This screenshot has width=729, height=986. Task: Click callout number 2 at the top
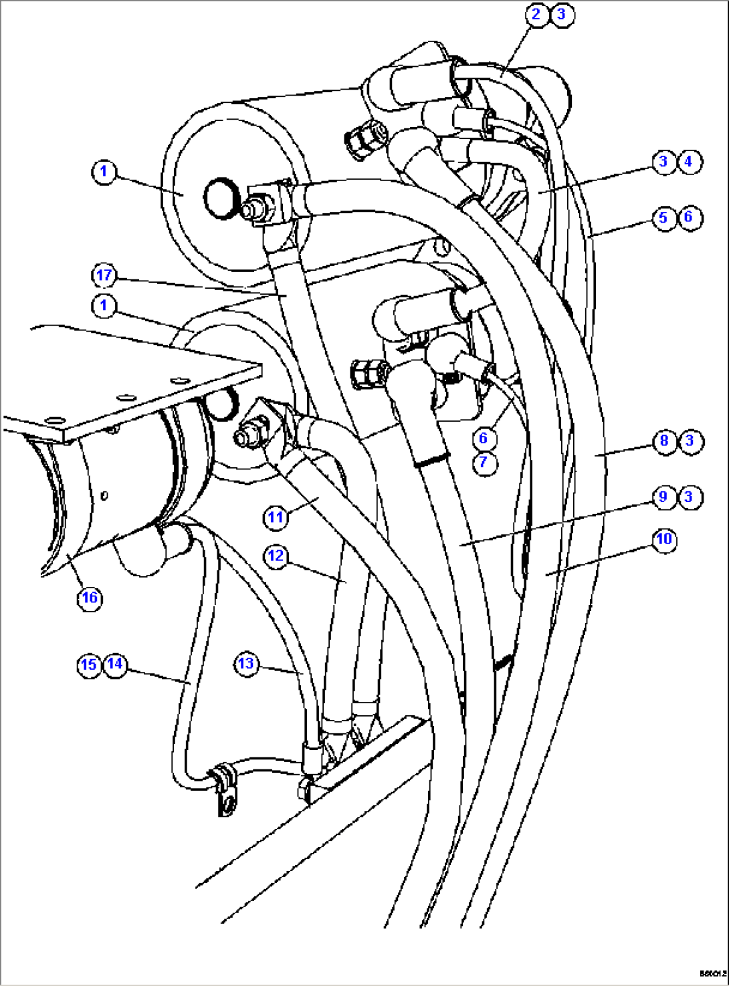[x=536, y=14]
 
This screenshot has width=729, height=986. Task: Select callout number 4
[x=689, y=162]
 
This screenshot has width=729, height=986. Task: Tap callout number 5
[x=664, y=218]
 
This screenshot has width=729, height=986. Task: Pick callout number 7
[x=484, y=462]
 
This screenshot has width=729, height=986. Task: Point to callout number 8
[x=664, y=441]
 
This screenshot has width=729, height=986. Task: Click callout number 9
[x=663, y=497]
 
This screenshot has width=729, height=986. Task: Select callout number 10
[x=664, y=539]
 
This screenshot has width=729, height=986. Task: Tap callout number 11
[x=276, y=517]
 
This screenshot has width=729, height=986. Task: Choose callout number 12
[x=276, y=556]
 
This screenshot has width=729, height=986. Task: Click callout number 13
[x=246, y=664]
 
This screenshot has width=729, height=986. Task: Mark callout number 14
[x=115, y=664]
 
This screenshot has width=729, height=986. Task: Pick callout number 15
[x=89, y=665]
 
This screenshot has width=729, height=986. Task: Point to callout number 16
[x=90, y=598]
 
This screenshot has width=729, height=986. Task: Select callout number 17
[x=104, y=275]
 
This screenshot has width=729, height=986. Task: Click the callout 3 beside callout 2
[x=562, y=14]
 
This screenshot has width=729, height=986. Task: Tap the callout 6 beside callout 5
[x=689, y=218]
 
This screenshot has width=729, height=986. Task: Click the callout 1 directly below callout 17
[x=104, y=306]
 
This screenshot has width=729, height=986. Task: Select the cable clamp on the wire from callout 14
[x=224, y=789]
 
